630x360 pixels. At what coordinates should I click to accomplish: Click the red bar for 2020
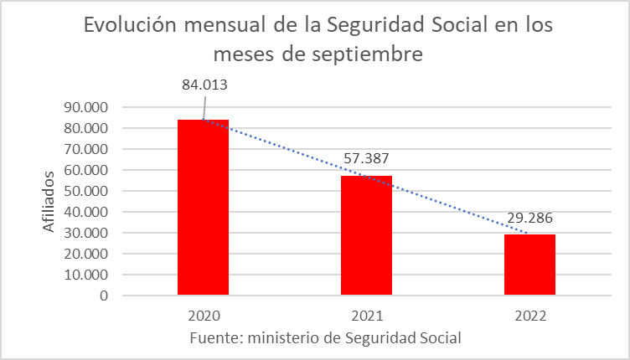(203, 207)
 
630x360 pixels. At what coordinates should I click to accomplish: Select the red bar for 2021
(366, 235)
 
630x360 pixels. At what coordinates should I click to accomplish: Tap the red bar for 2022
(529, 265)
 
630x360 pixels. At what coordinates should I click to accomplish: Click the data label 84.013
(204, 85)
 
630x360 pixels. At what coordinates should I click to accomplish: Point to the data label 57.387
(366, 157)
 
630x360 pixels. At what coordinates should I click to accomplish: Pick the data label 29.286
(529, 218)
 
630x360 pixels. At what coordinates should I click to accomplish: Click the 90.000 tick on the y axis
(87, 108)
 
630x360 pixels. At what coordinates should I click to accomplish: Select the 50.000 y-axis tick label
(87, 192)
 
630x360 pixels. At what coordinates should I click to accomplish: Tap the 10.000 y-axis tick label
(87, 275)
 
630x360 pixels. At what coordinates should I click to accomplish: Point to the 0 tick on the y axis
(104, 296)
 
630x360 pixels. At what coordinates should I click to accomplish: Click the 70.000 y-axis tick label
(87, 150)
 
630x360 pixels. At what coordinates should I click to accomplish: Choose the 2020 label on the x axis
(203, 316)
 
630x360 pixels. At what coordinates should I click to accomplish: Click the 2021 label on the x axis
(366, 316)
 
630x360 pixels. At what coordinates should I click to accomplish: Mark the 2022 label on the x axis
(529, 316)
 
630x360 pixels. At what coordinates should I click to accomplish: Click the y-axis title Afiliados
(49, 201)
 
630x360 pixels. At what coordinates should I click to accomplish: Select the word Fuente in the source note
(214, 337)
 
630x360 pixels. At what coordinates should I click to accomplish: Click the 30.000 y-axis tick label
(87, 234)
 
